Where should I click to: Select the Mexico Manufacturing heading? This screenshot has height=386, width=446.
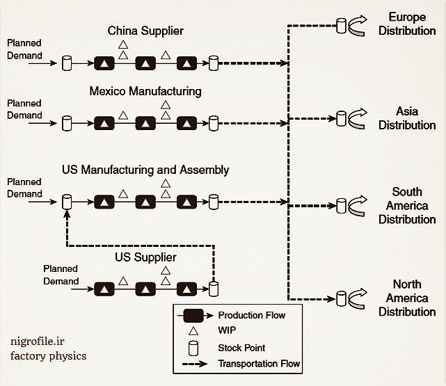pos(145,91)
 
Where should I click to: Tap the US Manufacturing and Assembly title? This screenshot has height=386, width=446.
pos(155,170)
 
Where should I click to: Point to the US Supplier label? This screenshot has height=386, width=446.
pos(145,258)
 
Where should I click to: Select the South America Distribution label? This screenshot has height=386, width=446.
pos(407,205)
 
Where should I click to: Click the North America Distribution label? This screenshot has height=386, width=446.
pos(407,298)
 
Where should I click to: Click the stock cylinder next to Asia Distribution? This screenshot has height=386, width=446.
pos(341,117)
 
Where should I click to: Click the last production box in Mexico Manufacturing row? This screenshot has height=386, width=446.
pos(186,124)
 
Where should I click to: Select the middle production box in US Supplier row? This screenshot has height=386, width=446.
pos(145,288)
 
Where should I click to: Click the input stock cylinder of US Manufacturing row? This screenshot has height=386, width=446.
pos(67,202)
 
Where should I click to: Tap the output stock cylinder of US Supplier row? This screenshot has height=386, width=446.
pos(214,288)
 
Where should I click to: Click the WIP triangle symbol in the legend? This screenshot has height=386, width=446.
pos(191,330)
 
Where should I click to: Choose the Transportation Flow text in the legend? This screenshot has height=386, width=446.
pos(259,364)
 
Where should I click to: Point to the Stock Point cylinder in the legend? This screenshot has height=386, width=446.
pos(191,347)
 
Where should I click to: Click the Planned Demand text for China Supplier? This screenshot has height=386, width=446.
pos(24,49)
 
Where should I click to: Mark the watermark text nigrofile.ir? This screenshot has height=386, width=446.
pos(39,341)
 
